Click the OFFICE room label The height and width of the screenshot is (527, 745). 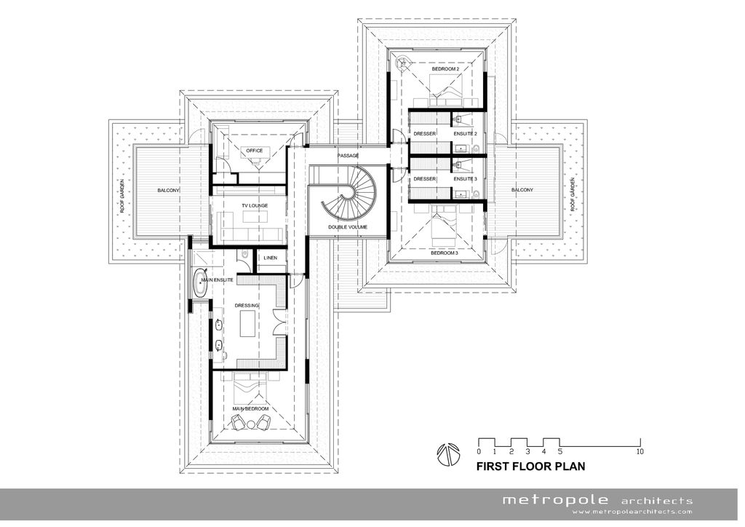point(254,151)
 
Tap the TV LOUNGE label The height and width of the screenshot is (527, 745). point(255,206)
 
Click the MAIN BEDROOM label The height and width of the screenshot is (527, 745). point(250,408)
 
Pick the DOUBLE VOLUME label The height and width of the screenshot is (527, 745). point(348,227)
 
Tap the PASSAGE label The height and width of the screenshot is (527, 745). point(348,156)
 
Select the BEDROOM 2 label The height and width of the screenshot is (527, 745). point(445,69)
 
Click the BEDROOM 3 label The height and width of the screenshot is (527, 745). point(445,253)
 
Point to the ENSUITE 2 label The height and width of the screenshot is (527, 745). point(465,134)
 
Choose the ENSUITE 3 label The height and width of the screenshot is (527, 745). point(465,179)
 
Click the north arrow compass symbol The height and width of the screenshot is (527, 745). point(448,454)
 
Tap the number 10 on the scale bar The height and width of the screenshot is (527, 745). point(640,451)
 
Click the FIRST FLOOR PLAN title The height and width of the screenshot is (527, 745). point(530,467)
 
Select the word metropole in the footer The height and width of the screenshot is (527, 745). point(555,500)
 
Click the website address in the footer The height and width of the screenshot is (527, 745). point(632,512)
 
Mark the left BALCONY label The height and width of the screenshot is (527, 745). point(169,191)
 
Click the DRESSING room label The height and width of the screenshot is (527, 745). point(247,306)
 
